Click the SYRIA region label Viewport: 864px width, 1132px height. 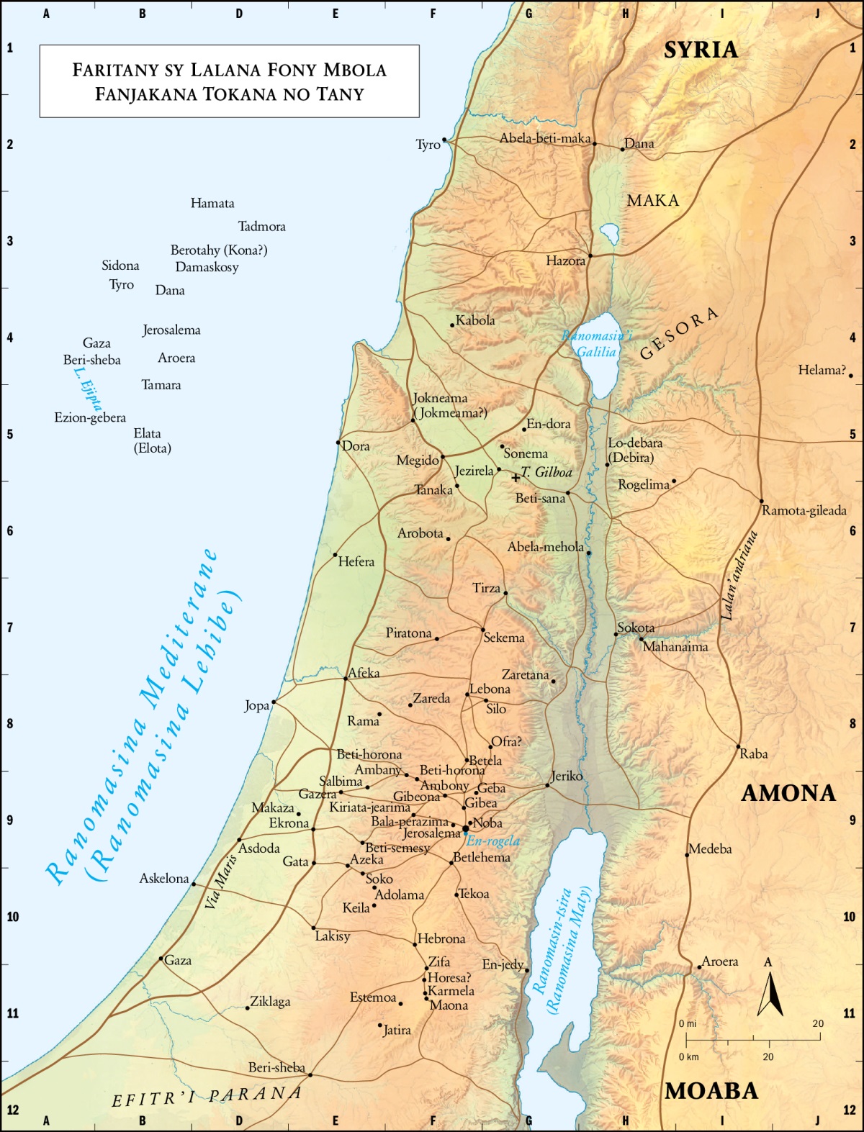[x=701, y=50]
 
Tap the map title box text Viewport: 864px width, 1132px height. [x=229, y=81]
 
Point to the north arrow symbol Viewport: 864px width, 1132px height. [x=770, y=994]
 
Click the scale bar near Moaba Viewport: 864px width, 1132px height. [x=752, y=1039]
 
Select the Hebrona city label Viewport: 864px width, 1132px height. [x=441, y=938]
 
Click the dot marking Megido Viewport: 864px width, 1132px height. [x=443, y=456]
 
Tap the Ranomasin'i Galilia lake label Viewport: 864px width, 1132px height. [x=597, y=344]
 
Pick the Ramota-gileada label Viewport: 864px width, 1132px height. [x=804, y=510]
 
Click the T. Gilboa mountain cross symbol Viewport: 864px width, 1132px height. [x=516, y=477]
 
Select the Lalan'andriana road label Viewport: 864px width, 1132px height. [x=739, y=576]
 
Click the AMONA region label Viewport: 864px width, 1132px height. [x=788, y=793]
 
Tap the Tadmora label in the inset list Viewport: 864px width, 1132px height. [x=261, y=226]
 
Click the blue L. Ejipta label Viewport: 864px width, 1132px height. [x=88, y=389]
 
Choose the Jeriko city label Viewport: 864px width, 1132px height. [x=567, y=776]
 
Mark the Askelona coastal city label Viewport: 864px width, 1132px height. [x=164, y=878]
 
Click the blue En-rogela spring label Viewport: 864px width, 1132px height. [x=493, y=841]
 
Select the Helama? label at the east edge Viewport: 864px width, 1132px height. [x=822, y=370]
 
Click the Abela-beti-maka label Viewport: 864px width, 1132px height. [x=545, y=138]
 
